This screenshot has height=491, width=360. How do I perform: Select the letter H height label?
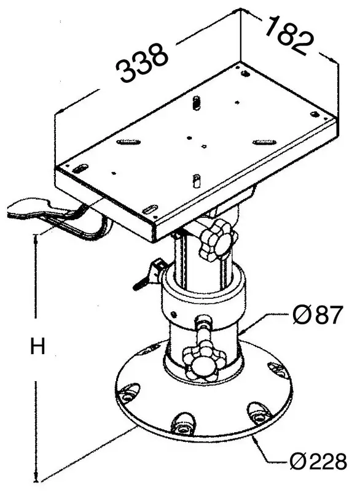(38, 347)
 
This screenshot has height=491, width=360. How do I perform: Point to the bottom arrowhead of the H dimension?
(39, 479)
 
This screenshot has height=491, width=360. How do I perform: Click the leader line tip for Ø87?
(242, 332)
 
